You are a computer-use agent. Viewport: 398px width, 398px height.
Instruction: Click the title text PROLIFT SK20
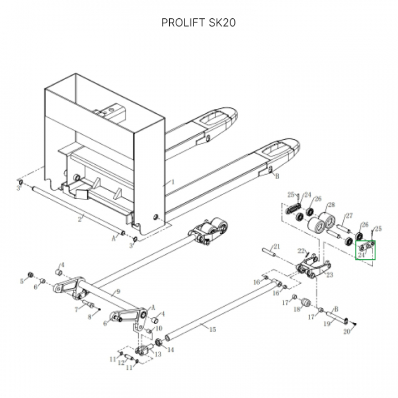point(198,23)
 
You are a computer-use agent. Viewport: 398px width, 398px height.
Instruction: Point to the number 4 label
point(63,265)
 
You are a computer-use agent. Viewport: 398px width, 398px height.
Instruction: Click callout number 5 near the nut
point(23,281)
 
